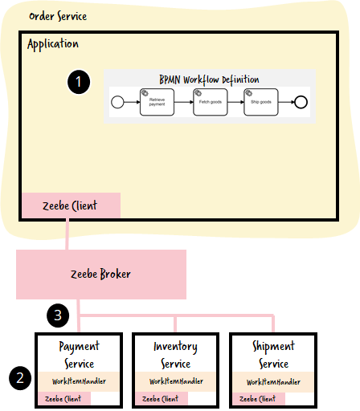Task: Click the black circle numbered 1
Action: (79, 82)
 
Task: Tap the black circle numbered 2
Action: (20, 378)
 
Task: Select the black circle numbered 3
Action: (58, 315)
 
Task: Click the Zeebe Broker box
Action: (101, 275)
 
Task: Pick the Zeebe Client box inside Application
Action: (71, 205)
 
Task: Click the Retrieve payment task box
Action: (157, 102)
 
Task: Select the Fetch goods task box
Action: (211, 102)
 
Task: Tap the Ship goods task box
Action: (261, 102)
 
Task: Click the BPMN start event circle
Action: (117, 102)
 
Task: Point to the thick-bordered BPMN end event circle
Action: (301, 102)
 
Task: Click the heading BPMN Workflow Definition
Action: (209, 79)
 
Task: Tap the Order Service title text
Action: (58, 16)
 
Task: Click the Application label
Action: (53, 44)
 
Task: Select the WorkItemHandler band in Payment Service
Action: (79, 381)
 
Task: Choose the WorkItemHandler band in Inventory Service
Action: (176, 381)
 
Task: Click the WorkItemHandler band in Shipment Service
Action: (273, 382)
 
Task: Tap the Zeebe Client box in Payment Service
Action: (64, 398)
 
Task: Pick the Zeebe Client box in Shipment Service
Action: (259, 399)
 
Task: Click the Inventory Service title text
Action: (176, 355)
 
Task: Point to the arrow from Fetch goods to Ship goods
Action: (235, 102)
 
